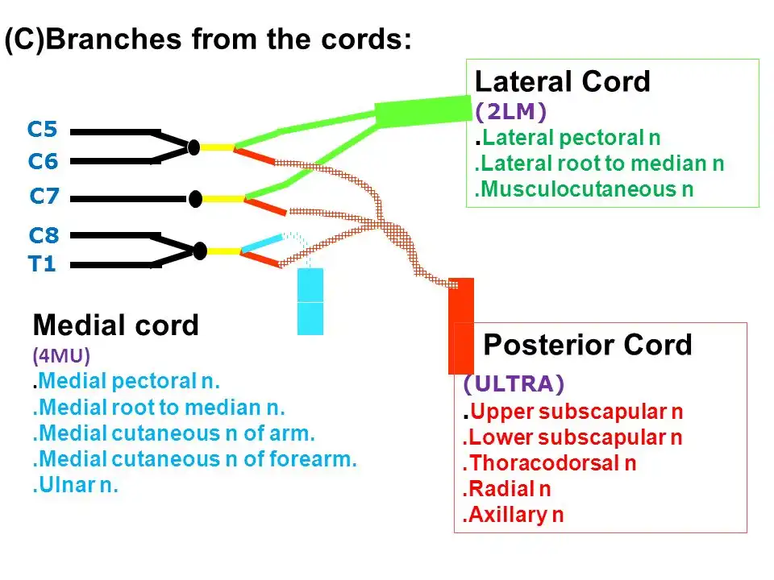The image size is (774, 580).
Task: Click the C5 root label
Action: tap(43, 129)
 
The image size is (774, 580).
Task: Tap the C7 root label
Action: tap(44, 197)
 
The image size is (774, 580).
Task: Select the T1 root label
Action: tap(42, 264)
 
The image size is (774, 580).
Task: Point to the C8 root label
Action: tap(44, 235)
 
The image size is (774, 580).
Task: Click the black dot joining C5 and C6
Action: tap(194, 147)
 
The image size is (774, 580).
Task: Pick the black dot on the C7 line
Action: tap(195, 199)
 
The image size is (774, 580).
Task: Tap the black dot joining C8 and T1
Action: tap(200, 251)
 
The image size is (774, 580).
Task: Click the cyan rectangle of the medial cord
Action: tap(310, 302)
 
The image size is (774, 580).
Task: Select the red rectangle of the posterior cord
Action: tap(461, 326)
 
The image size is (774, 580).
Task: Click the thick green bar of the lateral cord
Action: tap(423, 111)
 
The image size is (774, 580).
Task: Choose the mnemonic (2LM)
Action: tap(511, 112)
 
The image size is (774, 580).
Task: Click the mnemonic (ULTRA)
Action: tap(514, 383)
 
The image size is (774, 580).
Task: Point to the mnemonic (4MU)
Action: tap(61, 355)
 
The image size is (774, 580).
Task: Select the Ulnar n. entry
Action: tap(76, 485)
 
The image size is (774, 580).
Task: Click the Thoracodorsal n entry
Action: tap(549, 463)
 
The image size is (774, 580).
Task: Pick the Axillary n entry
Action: tap(514, 515)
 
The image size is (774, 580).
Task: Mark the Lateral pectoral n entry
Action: tap(568, 138)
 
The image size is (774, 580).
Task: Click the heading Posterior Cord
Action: tap(588, 344)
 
